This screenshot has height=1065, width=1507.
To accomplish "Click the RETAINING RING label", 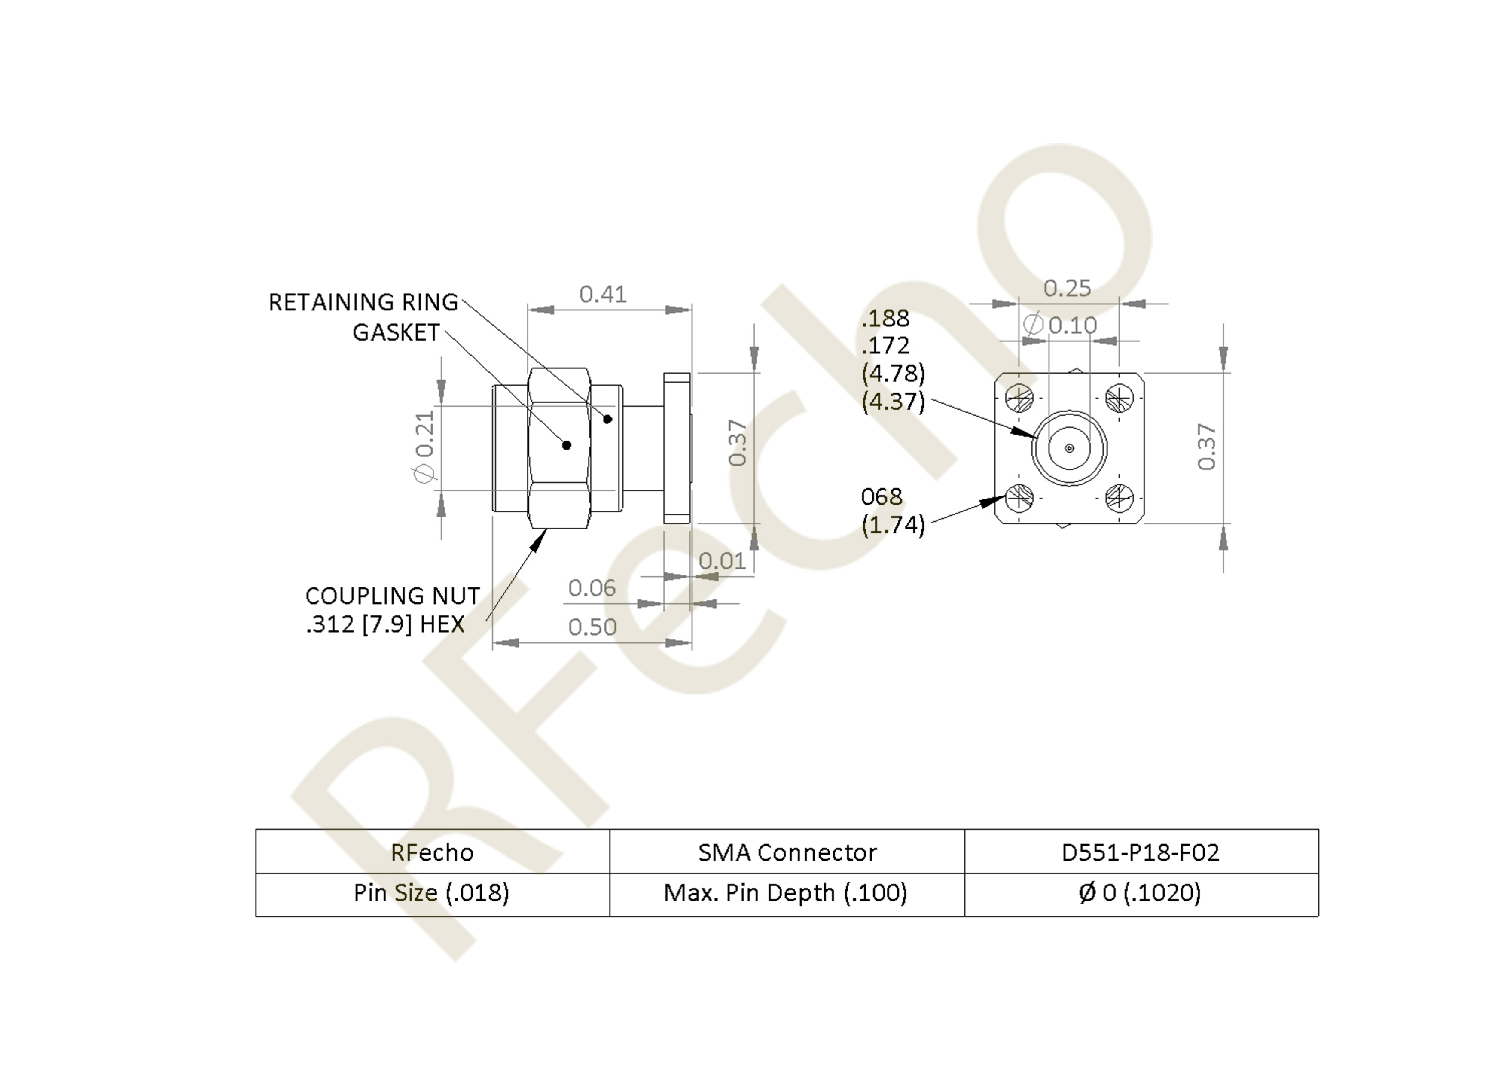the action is tap(363, 302).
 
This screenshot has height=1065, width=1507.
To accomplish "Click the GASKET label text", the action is tap(396, 333).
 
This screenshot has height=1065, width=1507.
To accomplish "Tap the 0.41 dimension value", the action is tap(603, 294).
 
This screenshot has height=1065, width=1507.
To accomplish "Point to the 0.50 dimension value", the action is tap(592, 627).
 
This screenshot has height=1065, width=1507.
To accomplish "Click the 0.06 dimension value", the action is tap(592, 588).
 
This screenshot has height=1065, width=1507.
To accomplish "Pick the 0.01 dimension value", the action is tap(722, 561).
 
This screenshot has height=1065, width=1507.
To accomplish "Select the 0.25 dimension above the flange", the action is tap(1067, 288).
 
